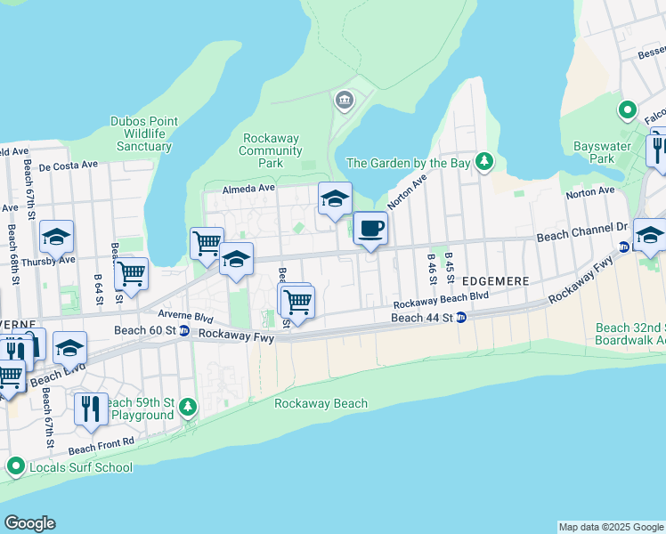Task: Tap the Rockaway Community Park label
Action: coord(271,150)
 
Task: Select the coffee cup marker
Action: coord(370,229)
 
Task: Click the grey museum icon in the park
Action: coord(344,101)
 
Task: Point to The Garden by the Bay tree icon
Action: coord(483,161)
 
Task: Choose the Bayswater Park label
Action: coord(602,152)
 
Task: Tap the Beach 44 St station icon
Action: coord(461,318)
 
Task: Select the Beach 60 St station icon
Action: coord(183,331)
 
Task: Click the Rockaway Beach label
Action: coord(308,403)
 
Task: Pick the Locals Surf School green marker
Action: coord(15,466)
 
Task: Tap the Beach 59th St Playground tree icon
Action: coord(187,408)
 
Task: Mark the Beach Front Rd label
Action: coord(102,444)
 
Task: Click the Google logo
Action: coord(29,523)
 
